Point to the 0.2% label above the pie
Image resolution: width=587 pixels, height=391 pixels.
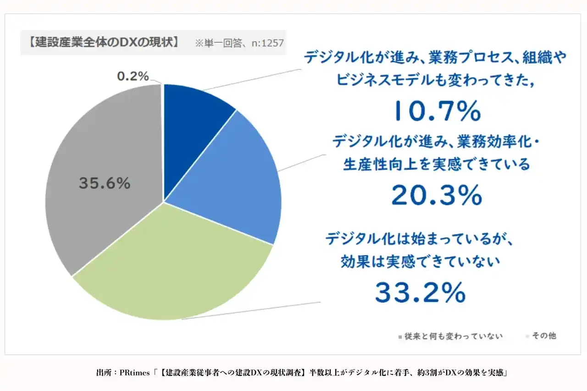[x=133, y=77]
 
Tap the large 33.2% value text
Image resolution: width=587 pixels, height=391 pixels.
[x=421, y=292]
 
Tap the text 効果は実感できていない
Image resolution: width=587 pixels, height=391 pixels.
[x=420, y=262]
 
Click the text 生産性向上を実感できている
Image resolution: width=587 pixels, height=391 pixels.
[x=436, y=164]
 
